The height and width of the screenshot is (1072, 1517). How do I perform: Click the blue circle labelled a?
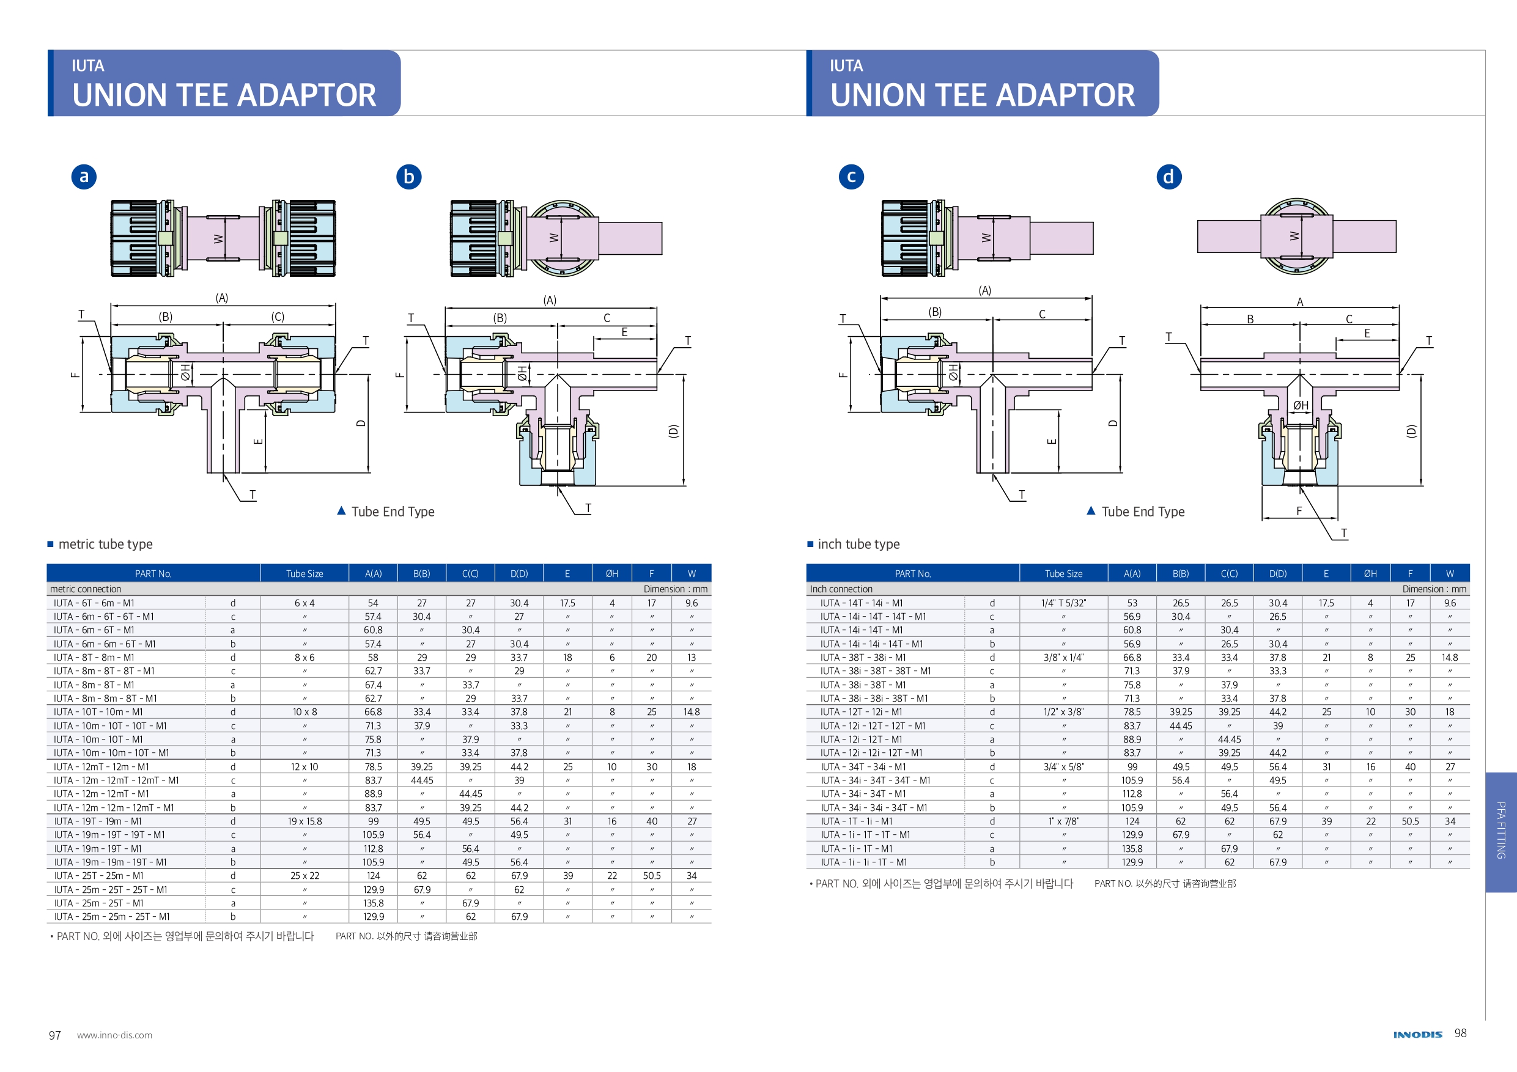[84, 177]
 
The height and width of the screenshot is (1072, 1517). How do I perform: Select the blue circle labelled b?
[408, 177]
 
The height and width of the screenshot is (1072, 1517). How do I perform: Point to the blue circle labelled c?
[851, 177]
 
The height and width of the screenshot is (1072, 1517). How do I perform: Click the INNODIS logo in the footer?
[1417, 1034]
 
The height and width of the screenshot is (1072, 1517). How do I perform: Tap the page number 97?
[55, 1035]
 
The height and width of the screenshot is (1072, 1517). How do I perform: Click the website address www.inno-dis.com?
[114, 1035]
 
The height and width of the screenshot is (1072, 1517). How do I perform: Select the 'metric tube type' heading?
[105, 545]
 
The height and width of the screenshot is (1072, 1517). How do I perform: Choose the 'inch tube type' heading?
[858, 545]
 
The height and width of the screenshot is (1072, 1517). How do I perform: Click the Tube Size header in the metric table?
[305, 574]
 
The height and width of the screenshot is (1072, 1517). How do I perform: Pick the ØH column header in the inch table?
[1370, 574]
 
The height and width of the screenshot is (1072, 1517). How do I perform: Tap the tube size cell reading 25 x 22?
[305, 876]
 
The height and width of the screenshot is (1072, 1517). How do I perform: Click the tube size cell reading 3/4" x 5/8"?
[1063, 767]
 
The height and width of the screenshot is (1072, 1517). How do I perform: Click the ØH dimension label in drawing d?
[1301, 406]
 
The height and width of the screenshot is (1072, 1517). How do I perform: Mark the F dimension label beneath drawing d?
[1299, 510]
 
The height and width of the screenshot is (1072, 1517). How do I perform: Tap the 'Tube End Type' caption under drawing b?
[393, 512]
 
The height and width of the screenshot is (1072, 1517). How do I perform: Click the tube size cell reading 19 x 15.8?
[305, 821]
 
